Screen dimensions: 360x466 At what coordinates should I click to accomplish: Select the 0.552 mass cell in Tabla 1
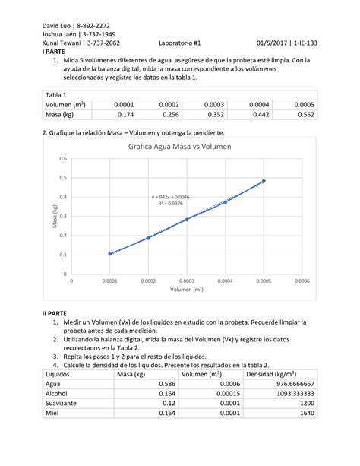point(304,115)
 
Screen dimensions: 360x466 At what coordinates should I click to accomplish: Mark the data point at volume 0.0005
point(264,181)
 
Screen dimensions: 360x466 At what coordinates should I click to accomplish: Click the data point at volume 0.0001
point(110,254)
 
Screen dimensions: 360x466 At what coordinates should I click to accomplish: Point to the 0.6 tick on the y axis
point(64,158)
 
